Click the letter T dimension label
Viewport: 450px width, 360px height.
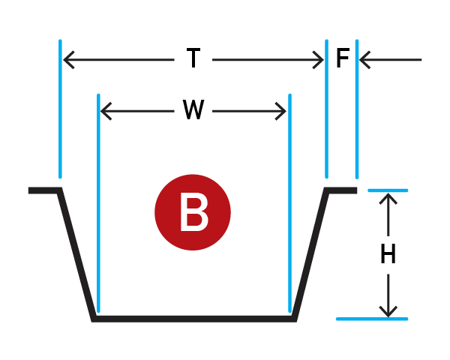pyautogui.click(x=193, y=58)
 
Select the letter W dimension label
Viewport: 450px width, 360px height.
pyautogui.click(x=193, y=109)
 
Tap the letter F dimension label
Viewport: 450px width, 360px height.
pyautogui.click(x=343, y=58)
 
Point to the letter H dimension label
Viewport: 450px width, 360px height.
pyautogui.click(x=388, y=253)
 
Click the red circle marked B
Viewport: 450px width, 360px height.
pyautogui.click(x=193, y=212)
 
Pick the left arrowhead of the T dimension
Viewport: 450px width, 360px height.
pyautogui.click(x=68, y=60)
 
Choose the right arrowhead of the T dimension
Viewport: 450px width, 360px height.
pyautogui.click(x=319, y=60)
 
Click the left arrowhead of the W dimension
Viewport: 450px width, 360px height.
pyautogui.click(x=106, y=111)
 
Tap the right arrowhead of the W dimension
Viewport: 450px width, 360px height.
pyautogui.click(x=280, y=111)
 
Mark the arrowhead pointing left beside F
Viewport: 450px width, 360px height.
pyautogui.click(x=364, y=60)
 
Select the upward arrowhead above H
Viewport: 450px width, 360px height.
pyautogui.click(x=388, y=199)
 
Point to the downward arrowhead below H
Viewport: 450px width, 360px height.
pyautogui.click(x=388, y=311)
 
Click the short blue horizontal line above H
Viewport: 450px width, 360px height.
pyautogui.click(x=388, y=190)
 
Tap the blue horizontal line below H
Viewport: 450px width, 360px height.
pyautogui.click(x=372, y=319)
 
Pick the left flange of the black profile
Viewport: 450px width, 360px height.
pyautogui.click(x=45, y=190)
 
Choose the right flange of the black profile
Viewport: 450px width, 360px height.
pyautogui.click(x=340, y=190)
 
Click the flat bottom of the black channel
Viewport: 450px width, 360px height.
pyautogui.click(x=194, y=319)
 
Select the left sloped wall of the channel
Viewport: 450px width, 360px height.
pyautogui.click(x=76, y=254)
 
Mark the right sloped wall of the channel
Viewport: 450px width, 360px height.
pyautogui.click(x=310, y=254)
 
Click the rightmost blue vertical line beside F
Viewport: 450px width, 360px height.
pyautogui.click(x=357, y=109)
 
